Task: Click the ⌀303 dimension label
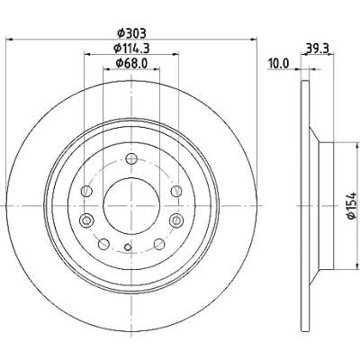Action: (x=131, y=33)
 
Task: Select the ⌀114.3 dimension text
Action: (x=131, y=48)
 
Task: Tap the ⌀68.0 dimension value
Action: (x=131, y=63)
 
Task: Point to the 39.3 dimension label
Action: (x=318, y=48)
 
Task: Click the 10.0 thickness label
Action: (x=279, y=63)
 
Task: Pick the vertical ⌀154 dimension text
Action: (x=351, y=206)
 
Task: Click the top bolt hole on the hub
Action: (x=131, y=158)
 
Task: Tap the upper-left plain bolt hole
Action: (x=87, y=191)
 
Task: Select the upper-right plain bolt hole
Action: (x=176, y=191)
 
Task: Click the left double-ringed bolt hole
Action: (x=86, y=220)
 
